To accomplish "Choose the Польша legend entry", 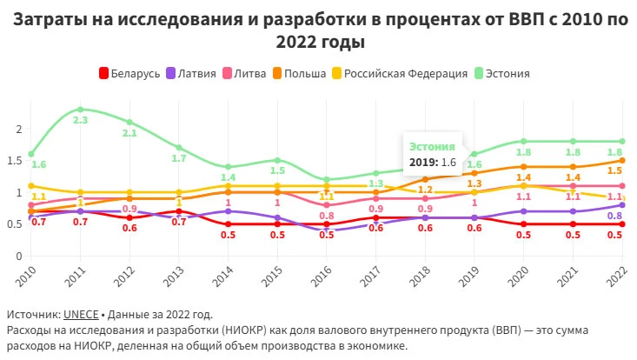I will click(x=301, y=74).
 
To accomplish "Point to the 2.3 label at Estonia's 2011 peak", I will click(x=80, y=121).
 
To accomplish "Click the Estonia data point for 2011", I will click(x=80, y=110).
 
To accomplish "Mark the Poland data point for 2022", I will click(x=622, y=160).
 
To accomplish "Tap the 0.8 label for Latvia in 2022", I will click(x=614, y=217).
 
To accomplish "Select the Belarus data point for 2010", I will click(x=31, y=211).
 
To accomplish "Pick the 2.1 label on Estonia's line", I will click(x=129, y=133).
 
